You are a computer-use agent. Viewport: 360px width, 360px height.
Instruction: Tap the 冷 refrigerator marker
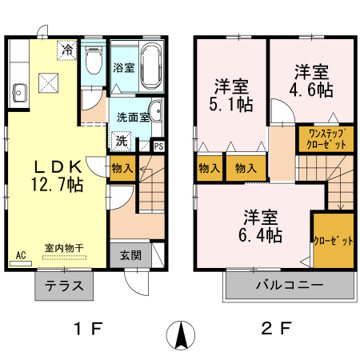68,50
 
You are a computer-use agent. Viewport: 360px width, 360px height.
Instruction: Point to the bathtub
151,63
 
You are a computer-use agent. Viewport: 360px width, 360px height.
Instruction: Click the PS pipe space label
158,146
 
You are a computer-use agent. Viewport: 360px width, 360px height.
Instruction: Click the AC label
20,256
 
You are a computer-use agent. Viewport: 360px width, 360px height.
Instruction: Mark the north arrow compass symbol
181,334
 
